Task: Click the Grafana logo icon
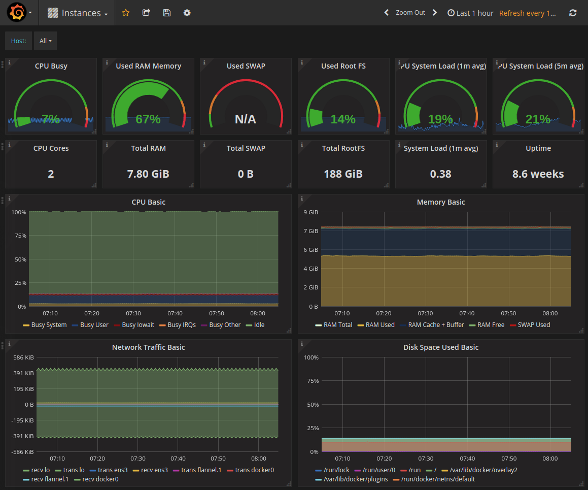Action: (16, 13)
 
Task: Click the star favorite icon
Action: (126, 13)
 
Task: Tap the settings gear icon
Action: (187, 13)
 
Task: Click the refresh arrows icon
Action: (573, 13)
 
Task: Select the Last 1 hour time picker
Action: (470, 13)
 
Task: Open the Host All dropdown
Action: (46, 41)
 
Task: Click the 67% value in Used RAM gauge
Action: (148, 119)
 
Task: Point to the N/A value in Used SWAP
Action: (246, 119)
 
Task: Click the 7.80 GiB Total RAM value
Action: (148, 174)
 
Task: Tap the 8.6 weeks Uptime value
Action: (538, 174)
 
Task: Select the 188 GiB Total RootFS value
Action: (343, 174)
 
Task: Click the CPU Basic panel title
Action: (148, 202)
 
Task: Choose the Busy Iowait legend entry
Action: (137, 325)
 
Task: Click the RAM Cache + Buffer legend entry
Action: (436, 325)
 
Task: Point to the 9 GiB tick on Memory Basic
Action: (310, 212)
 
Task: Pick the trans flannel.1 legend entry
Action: (201, 470)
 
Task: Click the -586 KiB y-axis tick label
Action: (23, 452)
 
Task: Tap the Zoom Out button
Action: (410, 13)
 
